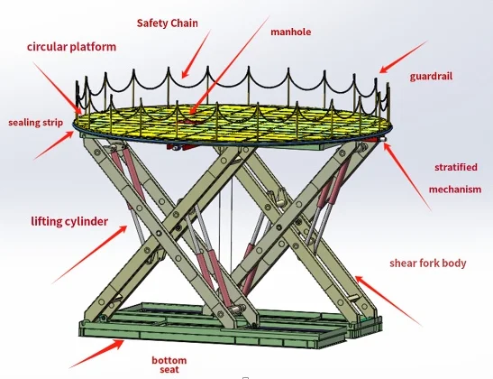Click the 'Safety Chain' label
click(x=168, y=23)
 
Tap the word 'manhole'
click(x=291, y=32)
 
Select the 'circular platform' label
click(x=72, y=47)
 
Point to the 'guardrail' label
click(x=431, y=77)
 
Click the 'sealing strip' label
click(x=35, y=123)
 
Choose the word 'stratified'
click(x=456, y=167)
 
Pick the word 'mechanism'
click(x=455, y=189)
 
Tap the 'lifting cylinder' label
click(x=69, y=222)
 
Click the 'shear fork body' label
click(x=428, y=263)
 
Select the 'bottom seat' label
click(x=169, y=365)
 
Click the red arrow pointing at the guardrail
click(x=404, y=57)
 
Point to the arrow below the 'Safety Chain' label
click(x=196, y=54)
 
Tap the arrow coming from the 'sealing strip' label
click(x=54, y=145)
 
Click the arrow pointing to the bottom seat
click(x=96, y=354)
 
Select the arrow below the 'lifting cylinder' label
click(x=89, y=254)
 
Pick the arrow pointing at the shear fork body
click(x=388, y=300)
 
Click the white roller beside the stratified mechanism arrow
click(x=383, y=140)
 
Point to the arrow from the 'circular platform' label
click(x=57, y=88)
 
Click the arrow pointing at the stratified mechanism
click(x=406, y=177)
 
